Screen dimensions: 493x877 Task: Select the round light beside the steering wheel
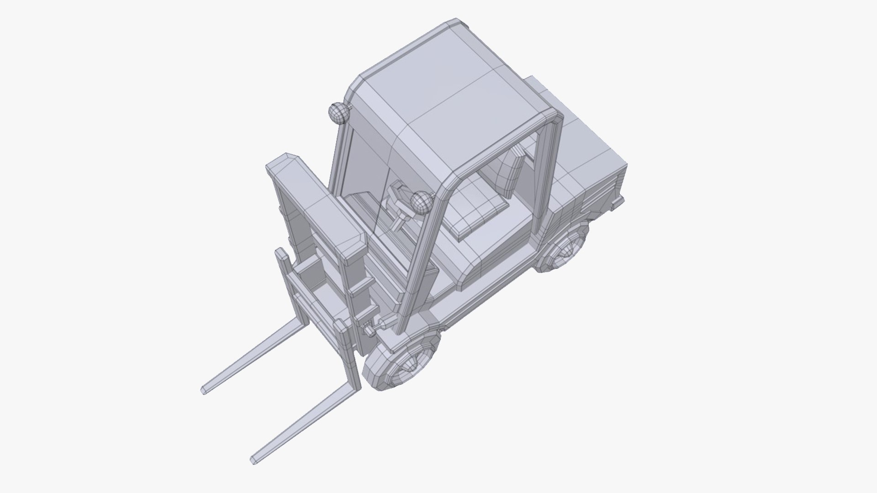point(421,202)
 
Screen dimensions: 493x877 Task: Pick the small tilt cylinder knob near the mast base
point(368,330)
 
